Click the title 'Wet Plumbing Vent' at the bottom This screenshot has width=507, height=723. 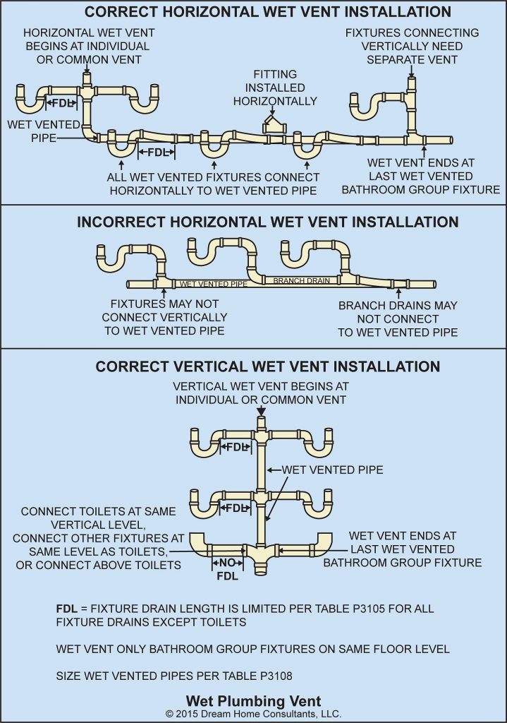click(x=253, y=701)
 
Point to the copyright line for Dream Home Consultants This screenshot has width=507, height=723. click(x=253, y=714)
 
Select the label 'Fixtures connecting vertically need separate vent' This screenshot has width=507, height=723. click(x=412, y=46)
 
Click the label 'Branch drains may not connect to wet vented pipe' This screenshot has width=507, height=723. click(x=398, y=318)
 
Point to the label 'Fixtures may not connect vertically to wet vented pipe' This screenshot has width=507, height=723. click(x=164, y=317)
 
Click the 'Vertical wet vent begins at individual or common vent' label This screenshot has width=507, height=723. click(x=261, y=393)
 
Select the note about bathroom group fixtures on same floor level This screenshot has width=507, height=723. click(x=253, y=649)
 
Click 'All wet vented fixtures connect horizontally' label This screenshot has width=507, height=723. click(x=213, y=184)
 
